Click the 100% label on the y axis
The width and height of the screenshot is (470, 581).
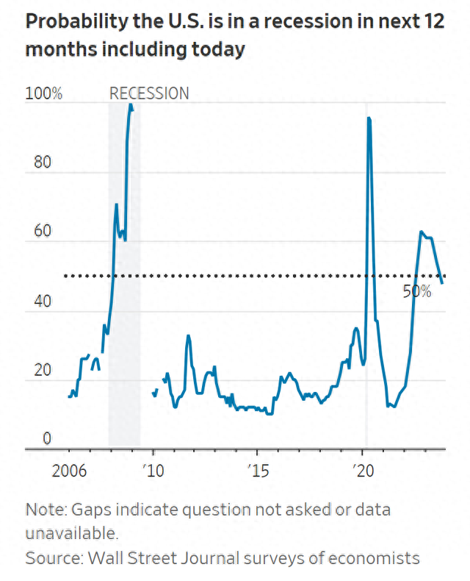pos(43,94)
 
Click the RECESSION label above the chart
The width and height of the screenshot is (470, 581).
pos(149,93)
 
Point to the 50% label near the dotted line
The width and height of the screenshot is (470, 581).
pos(416,291)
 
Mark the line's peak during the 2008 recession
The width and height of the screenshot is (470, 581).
pos(130,104)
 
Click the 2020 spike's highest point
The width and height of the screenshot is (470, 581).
pos(368,118)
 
